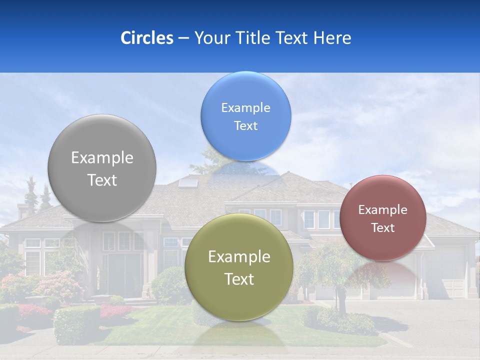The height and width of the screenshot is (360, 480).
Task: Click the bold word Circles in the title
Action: pyautogui.click(x=146, y=38)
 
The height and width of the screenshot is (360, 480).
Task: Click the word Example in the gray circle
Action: pyautogui.click(x=102, y=158)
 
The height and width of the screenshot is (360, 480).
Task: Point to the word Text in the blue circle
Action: pyautogui.click(x=245, y=125)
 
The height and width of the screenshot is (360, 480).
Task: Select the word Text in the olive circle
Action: pyautogui.click(x=239, y=279)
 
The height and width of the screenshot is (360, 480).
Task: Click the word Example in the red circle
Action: pyautogui.click(x=383, y=210)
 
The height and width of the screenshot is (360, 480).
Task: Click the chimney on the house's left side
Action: pyautogui.click(x=23, y=210)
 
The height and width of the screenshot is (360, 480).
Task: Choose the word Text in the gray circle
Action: pyautogui.click(x=102, y=180)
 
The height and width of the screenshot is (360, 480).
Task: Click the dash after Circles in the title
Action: pyautogui.click(x=183, y=38)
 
